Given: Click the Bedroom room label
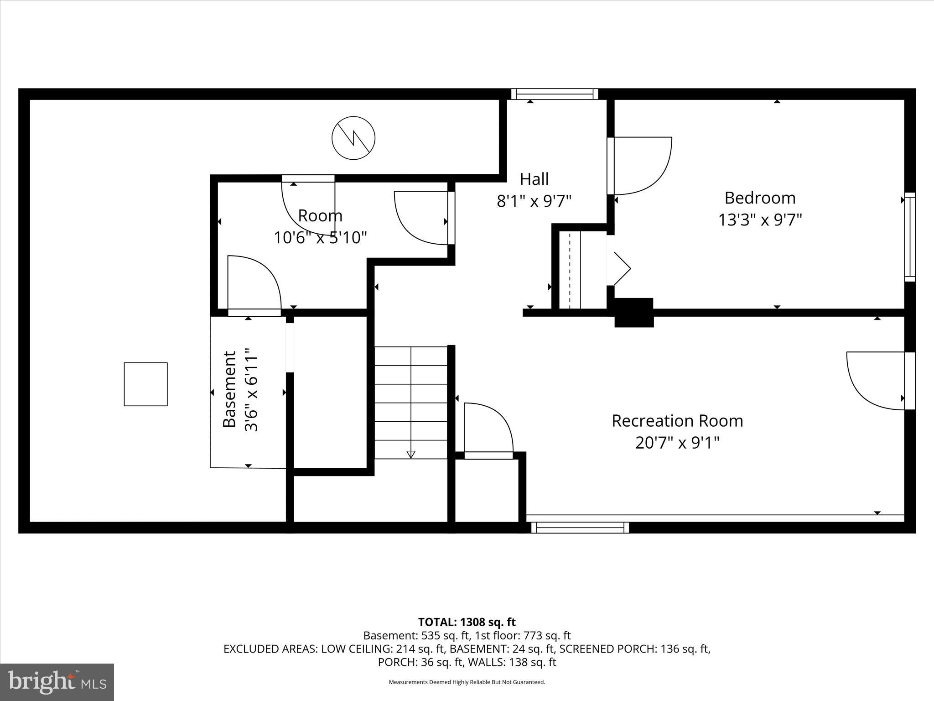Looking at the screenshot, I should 760,198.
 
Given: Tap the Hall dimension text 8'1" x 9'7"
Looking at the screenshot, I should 534,201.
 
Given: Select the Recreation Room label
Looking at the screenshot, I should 677,421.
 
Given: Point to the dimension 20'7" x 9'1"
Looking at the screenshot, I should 677,443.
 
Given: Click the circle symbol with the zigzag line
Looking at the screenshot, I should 353,138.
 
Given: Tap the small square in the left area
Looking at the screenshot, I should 146,384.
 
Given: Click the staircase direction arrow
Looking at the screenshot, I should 411,454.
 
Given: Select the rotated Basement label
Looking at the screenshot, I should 229,389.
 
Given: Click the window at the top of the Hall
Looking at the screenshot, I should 555,94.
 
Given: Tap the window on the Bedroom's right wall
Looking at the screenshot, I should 910,236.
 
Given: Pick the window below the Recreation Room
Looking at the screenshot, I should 580,528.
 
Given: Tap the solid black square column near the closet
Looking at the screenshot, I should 634,313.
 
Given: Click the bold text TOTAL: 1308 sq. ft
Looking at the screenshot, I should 467,622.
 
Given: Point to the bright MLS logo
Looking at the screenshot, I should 57,682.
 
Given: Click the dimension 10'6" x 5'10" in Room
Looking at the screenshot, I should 320,238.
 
